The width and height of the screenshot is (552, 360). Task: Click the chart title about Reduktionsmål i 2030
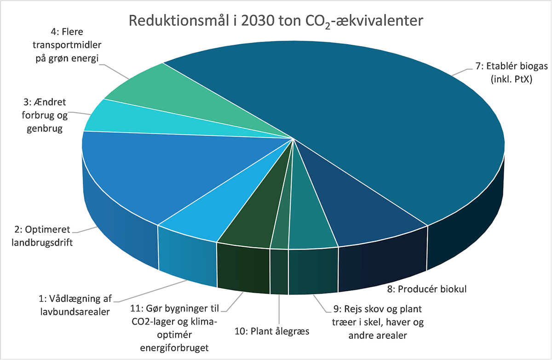276,21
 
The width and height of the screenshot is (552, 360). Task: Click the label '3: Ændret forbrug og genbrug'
41,115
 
